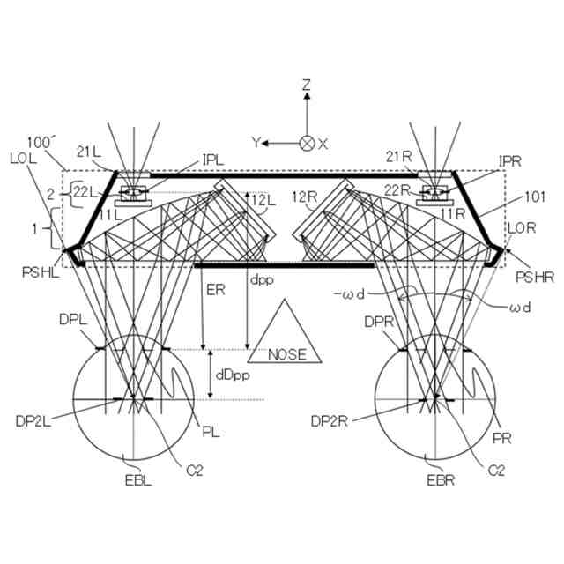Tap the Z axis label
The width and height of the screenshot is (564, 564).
pyautogui.click(x=307, y=85)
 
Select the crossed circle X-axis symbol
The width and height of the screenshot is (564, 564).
pyautogui.click(x=307, y=143)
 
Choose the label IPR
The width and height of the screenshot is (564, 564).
pyautogui.click(x=510, y=162)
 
